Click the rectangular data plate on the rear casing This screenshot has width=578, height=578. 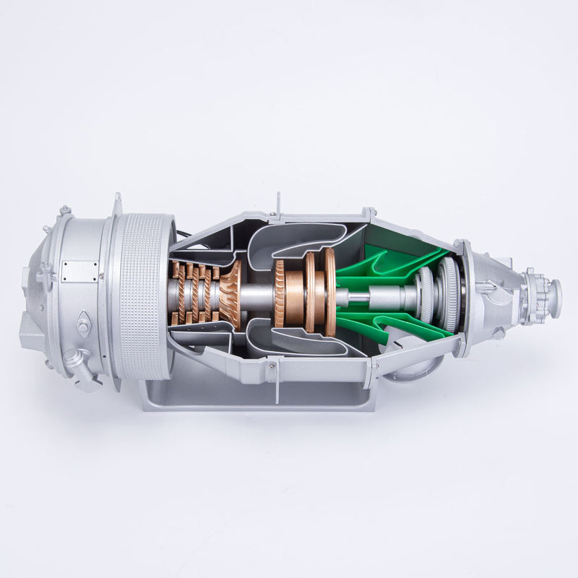pyautogui.click(x=79, y=271)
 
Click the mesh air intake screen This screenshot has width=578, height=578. pyautogui.click(x=144, y=296)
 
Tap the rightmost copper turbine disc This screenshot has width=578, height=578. pyautogui.click(x=330, y=292)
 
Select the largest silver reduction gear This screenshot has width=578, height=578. pyautogui.click(x=452, y=294)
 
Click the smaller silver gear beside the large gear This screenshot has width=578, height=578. pyautogui.click(x=428, y=295)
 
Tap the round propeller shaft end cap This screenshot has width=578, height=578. pyautogui.click(x=555, y=293)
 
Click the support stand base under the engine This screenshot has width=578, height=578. pyautogui.click(x=260, y=397)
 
